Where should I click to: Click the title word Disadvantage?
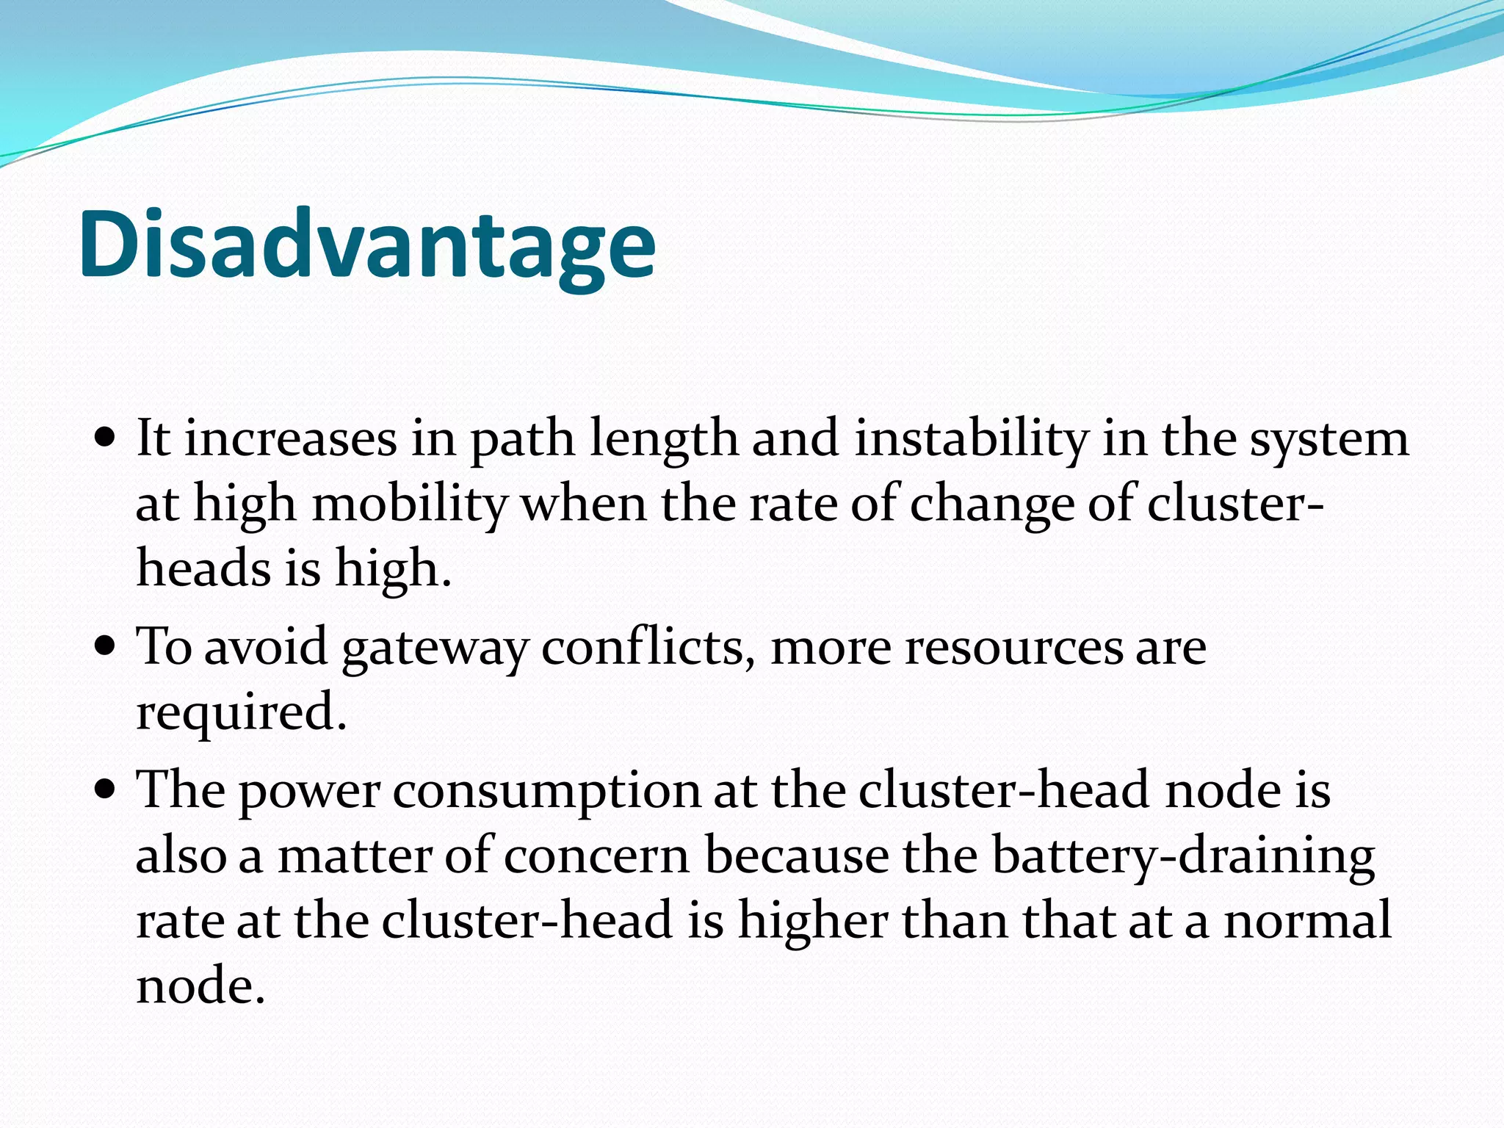pos(367,244)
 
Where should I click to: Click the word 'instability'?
pos(972,438)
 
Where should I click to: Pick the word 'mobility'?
pos(410,505)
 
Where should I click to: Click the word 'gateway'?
pos(435,649)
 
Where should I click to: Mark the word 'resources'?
pos(1013,648)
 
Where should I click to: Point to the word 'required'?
pos(241,712)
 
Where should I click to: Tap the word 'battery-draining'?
pos(1183,858)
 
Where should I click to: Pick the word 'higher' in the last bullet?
pos(813,922)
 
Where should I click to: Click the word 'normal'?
pos(1307,920)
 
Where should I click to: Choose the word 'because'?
pos(797,856)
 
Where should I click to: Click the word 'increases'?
pos(290,438)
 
